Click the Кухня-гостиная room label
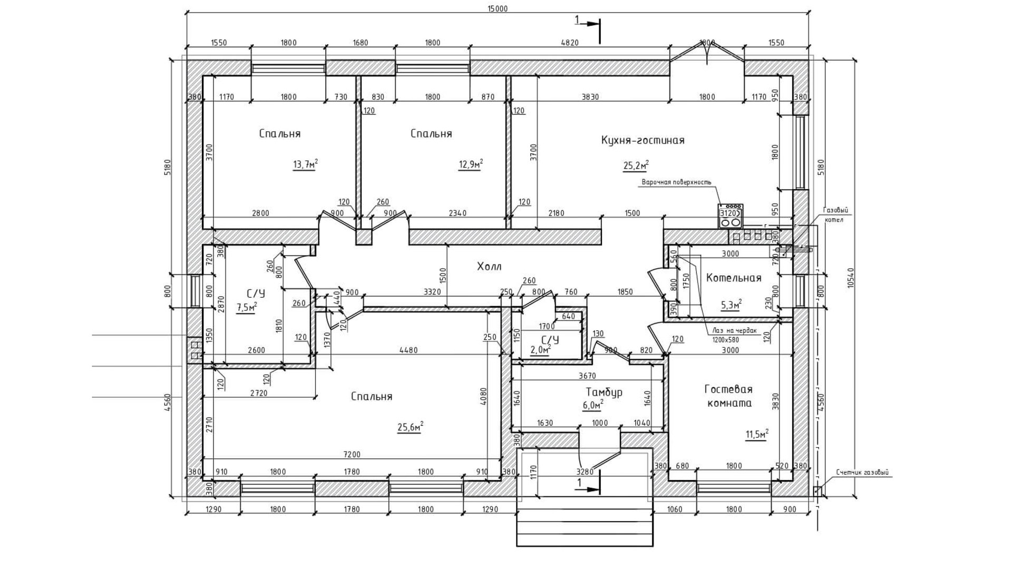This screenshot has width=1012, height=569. coord(643,140)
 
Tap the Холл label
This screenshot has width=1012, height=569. coord(489,267)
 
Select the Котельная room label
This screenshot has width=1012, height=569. coord(734,278)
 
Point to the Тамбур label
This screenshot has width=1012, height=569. coord(604,392)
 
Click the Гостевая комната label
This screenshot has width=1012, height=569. coord(728,396)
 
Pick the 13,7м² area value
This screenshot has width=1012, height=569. coord(305,165)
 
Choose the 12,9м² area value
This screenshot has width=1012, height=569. coord(471,165)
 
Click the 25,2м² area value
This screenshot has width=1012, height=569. coord(636,166)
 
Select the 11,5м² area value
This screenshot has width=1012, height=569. coord(756,435)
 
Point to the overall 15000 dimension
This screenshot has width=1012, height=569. coord(498,8)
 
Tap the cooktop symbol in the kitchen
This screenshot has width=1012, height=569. coord(731,216)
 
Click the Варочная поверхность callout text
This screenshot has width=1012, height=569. coord(676,182)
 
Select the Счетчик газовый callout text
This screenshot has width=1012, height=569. coord(862,473)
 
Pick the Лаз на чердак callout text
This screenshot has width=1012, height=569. coord(734,331)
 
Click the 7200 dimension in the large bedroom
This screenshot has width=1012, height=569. coord(352,454)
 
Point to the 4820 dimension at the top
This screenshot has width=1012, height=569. coord(569,43)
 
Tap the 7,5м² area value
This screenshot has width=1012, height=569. coord(247,308)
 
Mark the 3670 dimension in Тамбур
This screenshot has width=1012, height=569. coord(587,376)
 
